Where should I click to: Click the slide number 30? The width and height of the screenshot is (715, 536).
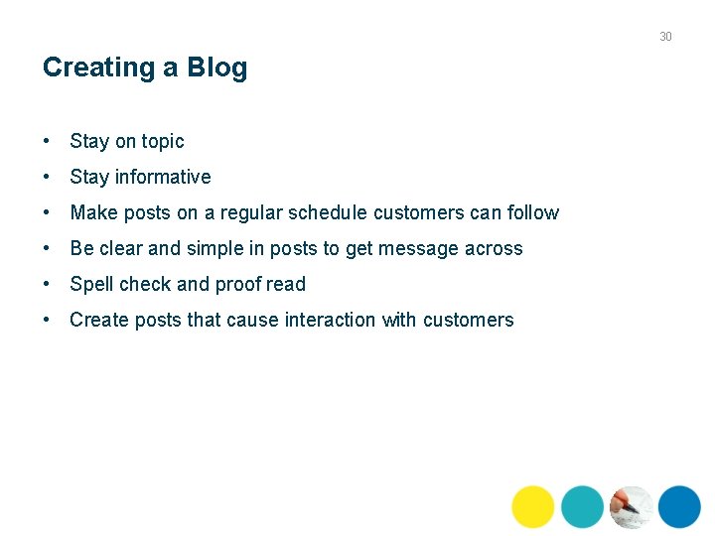(665, 37)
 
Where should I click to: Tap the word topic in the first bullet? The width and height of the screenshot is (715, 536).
(163, 142)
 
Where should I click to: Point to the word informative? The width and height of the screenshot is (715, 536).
(163, 178)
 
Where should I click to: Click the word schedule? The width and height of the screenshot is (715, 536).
(328, 212)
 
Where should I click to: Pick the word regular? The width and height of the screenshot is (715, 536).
(251, 212)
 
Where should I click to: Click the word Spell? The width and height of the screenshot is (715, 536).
(92, 284)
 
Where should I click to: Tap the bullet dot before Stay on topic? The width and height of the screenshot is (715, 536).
(48, 142)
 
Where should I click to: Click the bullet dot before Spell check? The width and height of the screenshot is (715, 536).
(48, 284)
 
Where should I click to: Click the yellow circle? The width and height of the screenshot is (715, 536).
(533, 506)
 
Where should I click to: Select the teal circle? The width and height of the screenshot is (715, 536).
(582, 506)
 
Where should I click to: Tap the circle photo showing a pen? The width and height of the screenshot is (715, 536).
(631, 506)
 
